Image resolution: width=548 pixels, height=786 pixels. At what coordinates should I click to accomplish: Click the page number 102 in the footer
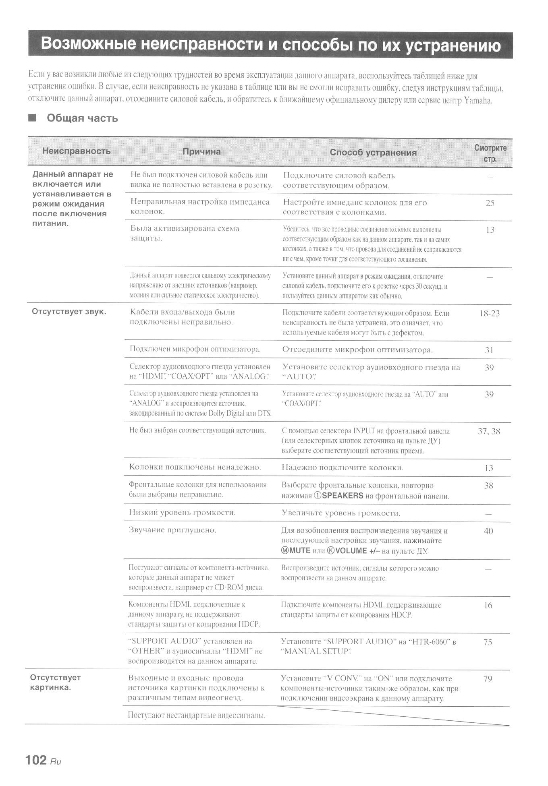point(36,760)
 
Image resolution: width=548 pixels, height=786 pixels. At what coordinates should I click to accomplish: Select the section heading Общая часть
point(82,118)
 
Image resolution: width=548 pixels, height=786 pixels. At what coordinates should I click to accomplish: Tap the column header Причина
point(201,152)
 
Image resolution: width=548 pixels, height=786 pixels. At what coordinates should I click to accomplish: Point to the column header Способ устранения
point(373,153)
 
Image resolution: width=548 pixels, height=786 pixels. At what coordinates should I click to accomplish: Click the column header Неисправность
point(76,151)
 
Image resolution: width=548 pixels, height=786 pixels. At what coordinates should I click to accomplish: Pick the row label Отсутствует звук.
point(69,312)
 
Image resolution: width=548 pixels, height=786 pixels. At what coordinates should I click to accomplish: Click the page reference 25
point(490,203)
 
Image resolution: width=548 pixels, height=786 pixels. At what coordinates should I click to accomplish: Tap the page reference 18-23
point(490,313)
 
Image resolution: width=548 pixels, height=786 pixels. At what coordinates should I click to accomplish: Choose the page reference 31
point(489,350)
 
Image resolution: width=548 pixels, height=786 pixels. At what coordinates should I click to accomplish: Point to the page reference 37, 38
point(489,431)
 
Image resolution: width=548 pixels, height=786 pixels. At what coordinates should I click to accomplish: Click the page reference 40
point(488,531)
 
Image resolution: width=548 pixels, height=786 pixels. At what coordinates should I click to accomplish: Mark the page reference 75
point(488,642)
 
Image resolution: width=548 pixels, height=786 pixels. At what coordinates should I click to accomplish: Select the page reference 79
point(488,679)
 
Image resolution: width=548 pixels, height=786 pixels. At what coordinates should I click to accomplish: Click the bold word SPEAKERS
point(342,496)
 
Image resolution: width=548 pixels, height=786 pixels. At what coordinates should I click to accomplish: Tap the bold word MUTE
point(299,551)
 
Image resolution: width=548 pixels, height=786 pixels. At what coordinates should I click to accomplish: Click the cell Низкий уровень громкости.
point(182,513)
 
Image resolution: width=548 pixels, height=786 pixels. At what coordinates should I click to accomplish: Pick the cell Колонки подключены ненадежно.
point(195,467)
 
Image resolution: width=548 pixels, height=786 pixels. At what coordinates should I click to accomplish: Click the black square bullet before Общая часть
point(32,118)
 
